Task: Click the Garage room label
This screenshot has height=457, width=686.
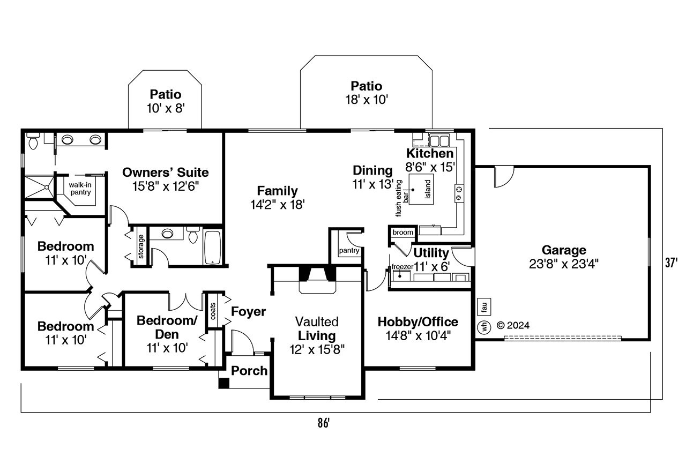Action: tap(563, 250)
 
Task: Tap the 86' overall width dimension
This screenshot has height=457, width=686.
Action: tap(322, 423)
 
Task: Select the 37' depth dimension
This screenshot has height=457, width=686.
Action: tap(671, 263)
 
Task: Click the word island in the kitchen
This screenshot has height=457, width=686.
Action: tap(428, 189)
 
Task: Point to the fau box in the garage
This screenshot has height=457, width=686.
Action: tap(483, 306)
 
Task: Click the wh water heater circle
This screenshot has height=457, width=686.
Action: tap(483, 326)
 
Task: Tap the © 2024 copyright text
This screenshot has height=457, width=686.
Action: tap(513, 325)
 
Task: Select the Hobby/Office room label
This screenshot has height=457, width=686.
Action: tap(417, 322)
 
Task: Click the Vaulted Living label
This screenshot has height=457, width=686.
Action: tap(317, 329)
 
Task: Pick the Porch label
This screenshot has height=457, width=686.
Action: tap(249, 371)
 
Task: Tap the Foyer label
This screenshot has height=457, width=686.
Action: tap(248, 311)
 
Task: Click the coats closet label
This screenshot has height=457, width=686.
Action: tap(212, 310)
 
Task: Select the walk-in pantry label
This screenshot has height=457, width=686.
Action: tap(80, 188)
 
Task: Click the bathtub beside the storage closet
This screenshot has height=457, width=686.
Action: tap(212, 247)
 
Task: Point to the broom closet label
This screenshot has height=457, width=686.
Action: tap(402, 233)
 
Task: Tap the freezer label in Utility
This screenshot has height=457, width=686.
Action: tap(401, 266)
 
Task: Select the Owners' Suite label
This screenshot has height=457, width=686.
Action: tap(165, 173)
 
